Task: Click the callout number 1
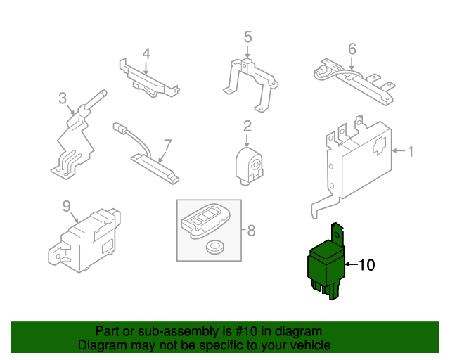[x=411, y=150]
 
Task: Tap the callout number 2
[x=247, y=127]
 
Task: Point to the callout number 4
[x=146, y=53]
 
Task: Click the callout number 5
[x=247, y=37]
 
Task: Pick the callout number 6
[x=352, y=49]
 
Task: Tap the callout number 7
[x=167, y=145]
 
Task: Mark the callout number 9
[x=67, y=206]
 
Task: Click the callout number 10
[x=368, y=265]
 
